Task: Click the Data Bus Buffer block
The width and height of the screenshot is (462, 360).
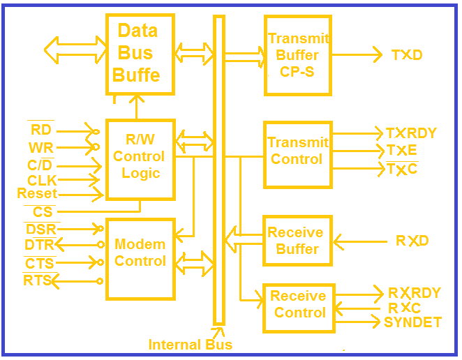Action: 140,54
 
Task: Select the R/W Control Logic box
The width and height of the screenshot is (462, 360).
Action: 140,157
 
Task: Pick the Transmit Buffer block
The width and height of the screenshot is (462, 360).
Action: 297,55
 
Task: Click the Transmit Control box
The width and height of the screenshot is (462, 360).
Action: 297,153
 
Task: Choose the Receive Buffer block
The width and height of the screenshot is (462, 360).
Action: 297,241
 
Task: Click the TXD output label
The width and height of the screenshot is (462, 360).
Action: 407,55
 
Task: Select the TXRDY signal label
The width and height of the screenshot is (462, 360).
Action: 411,133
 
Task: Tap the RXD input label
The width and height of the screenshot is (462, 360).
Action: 412,241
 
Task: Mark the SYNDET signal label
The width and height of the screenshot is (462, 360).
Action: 412,322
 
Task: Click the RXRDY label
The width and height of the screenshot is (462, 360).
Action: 415,293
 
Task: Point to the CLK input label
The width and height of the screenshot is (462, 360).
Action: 42,180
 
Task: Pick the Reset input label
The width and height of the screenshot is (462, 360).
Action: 37,193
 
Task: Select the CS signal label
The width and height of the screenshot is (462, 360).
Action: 43,211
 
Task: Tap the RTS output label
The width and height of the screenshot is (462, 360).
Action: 37,280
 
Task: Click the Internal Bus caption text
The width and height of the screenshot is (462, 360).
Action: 190,345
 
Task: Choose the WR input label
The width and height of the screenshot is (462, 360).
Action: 41,148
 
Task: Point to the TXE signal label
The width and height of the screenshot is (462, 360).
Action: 402,150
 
